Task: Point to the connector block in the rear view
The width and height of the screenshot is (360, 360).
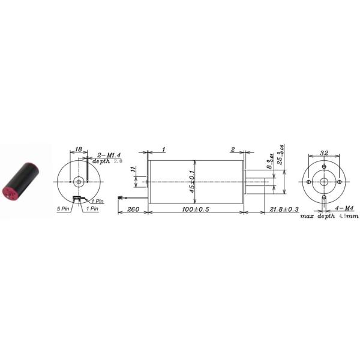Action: (x=77, y=197)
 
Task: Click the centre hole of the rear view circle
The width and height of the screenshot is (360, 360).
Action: (x=78, y=181)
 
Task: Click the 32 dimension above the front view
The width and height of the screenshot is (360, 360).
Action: (x=324, y=152)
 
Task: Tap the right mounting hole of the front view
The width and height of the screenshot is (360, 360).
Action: (x=339, y=181)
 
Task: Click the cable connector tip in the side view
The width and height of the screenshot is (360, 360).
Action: (x=121, y=197)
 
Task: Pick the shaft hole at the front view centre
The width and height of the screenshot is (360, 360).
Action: (x=323, y=181)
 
